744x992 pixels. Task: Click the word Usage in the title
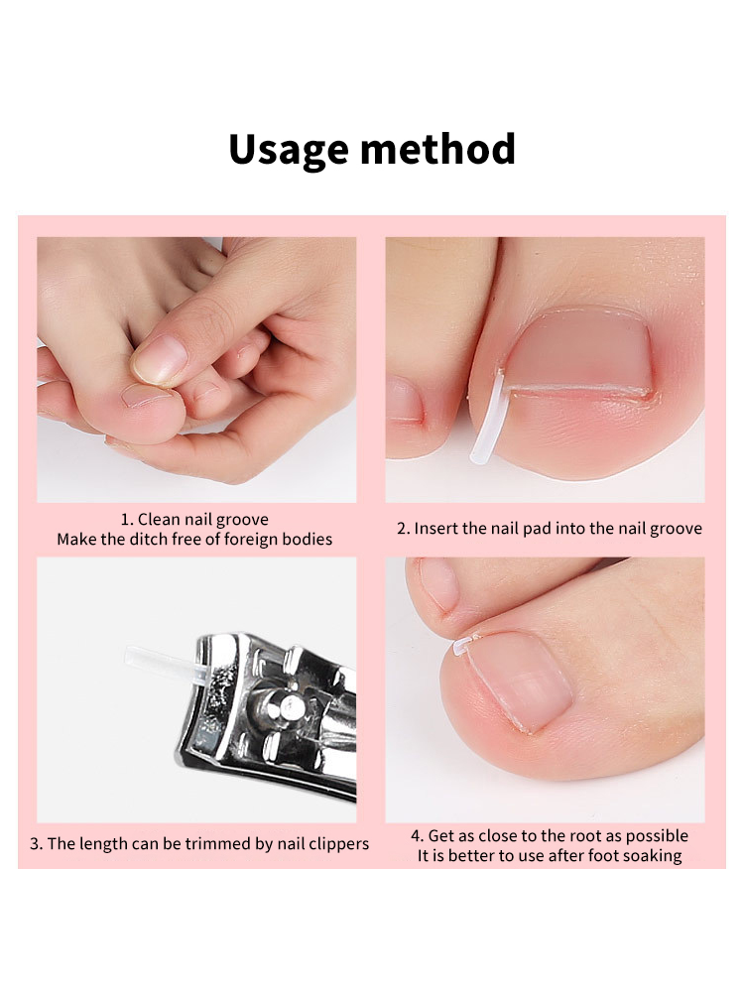point(288,150)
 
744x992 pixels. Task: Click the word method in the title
point(437,149)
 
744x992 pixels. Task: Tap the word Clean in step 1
point(159,520)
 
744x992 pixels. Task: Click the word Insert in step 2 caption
point(436,529)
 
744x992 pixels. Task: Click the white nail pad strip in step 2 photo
point(487,419)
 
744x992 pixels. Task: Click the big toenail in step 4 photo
point(520,681)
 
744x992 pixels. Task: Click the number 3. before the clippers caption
point(36,844)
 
